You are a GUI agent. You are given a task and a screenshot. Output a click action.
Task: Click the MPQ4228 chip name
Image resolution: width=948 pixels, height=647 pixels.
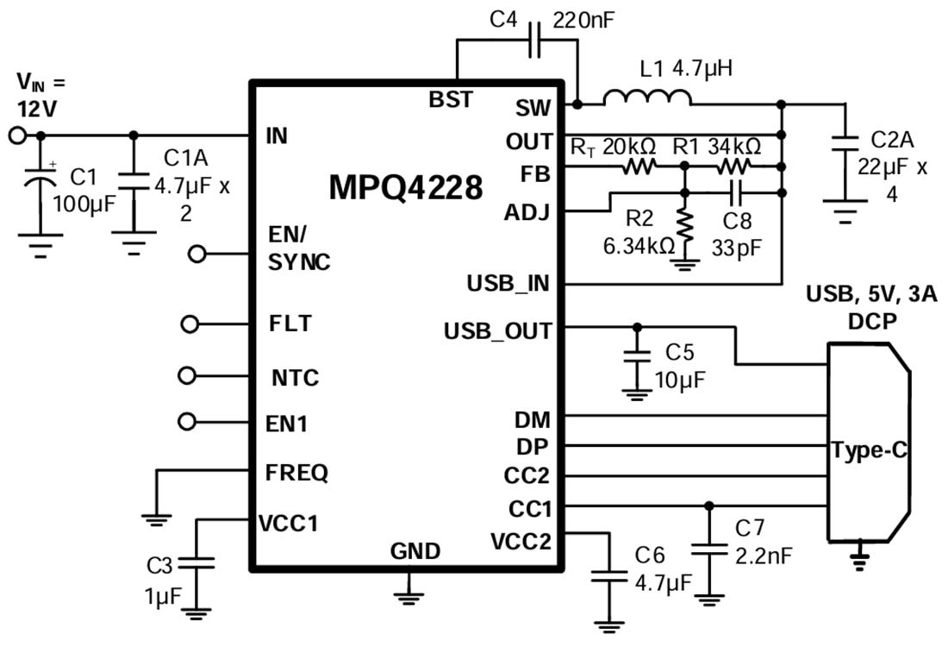coord(406,187)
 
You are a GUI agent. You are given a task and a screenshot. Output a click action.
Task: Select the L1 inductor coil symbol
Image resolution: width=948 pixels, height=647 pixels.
coord(646,99)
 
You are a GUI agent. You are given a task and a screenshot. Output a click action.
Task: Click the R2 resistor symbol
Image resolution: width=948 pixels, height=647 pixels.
coord(684,226)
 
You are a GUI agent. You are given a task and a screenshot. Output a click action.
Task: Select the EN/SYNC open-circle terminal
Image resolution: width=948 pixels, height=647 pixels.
coord(198,254)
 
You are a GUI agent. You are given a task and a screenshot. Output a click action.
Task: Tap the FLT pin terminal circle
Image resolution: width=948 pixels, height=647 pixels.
coord(191,324)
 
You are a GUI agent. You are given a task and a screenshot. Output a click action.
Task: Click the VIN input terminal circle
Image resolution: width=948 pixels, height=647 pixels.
coord(16,135)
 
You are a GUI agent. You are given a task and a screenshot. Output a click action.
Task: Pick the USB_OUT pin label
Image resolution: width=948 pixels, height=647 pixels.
coord(497,330)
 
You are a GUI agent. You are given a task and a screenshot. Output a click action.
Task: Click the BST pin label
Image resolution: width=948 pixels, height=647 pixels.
coord(451,100)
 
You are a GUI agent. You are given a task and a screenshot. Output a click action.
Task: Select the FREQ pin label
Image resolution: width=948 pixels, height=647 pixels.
coord(298,473)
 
